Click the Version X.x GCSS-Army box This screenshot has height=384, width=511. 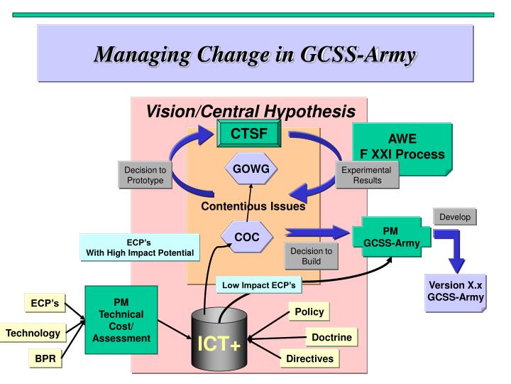click(x=455, y=293)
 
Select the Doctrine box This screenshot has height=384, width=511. click(x=329, y=336)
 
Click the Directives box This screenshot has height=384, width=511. click(x=309, y=358)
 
